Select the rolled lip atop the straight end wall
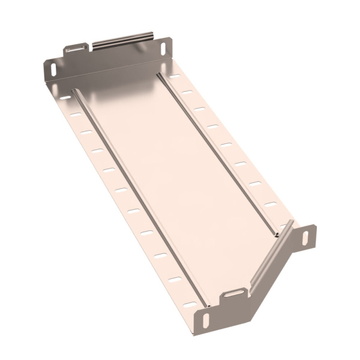point(123,40)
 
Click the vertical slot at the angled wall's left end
point(206,319)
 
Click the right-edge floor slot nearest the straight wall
point(174,77)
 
